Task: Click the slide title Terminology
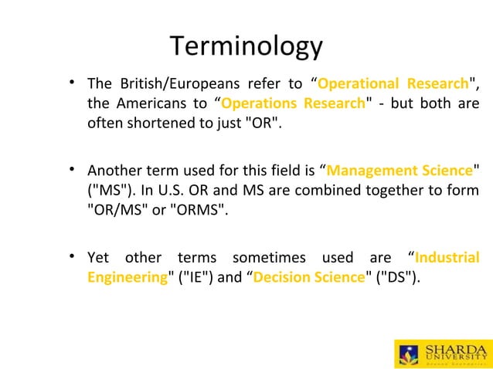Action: pyautogui.click(x=246, y=47)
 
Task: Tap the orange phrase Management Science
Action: pyautogui.click(x=399, y=170)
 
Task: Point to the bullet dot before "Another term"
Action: pyautogui.click(x=72, y=168)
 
